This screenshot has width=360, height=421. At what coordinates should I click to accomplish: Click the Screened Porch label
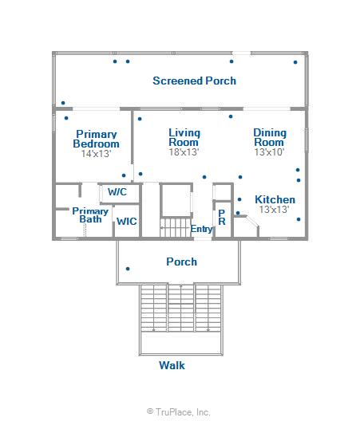coord(195,81)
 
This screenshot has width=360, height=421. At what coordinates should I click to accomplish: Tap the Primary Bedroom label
coord(97,139)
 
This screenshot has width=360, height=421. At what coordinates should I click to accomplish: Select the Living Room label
coord(184,137)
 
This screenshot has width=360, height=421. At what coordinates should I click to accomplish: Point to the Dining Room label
coord(270,137)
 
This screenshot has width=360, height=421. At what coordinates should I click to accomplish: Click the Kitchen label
coord(275,199)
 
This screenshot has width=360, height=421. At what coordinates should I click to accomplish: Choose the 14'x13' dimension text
coord(97,154)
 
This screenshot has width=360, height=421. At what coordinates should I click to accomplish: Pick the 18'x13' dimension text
coord(184,152)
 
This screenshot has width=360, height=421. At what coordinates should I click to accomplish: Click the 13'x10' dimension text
coord(269,152)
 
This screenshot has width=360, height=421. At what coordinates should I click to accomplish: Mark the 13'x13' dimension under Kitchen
coord(275,210)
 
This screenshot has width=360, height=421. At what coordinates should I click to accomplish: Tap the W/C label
coord(117,192)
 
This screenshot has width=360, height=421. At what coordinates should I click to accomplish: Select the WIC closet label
coord(127,222)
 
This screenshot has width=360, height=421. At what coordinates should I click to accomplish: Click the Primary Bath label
coord(90,215)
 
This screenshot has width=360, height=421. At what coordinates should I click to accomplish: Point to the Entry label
coord(202,229)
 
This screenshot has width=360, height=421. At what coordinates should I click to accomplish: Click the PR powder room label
coord(222,217)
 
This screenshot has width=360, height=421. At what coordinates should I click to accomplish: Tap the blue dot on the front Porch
coord(128,269)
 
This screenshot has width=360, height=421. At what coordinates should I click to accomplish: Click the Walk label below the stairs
coord(172,365)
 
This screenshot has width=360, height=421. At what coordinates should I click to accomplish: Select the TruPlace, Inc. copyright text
coord(179,411)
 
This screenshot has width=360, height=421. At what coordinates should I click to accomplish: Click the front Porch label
coord(182,262)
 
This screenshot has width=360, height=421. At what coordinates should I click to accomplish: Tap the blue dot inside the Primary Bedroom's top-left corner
coord(66,118)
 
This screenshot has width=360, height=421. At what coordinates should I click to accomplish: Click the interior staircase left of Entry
coord(176,227)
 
